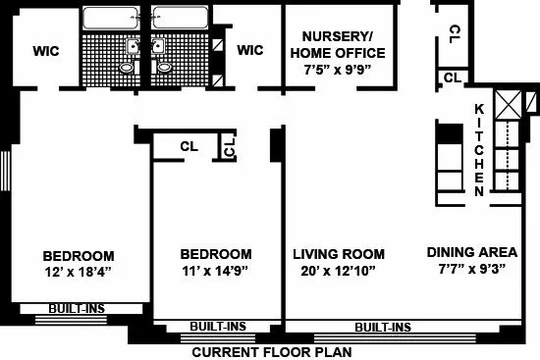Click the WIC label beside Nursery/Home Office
click(251, 50)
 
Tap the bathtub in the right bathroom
click(180, 20)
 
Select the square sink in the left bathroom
click(131, 46)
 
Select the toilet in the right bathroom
click(164, 66)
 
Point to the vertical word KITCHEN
click(479, 149)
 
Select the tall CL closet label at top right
click(454, 33)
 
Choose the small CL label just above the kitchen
click(453, 77)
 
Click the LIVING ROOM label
click(339, 254)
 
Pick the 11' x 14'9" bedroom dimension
click(216, 271)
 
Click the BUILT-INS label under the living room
click(382, 327)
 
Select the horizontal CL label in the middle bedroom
click(190, 146)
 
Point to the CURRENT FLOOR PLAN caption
click(271, 351)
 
